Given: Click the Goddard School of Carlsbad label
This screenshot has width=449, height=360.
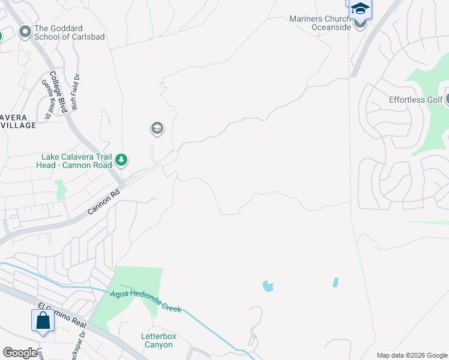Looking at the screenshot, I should (x=70, y=32).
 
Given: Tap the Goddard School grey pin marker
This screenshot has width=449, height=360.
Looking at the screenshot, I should (x=25, y=32).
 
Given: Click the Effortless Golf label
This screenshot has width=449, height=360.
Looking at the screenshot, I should (x=415, y=100).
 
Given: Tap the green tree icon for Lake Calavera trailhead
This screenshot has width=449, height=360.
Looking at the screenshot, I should (x=122, y=160).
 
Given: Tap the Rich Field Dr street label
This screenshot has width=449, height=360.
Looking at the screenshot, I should (x=76, y=92).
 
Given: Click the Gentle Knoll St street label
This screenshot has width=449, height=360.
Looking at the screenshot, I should (x=47, y=99).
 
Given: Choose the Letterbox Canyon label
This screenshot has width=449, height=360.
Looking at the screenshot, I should (x=159, y=340).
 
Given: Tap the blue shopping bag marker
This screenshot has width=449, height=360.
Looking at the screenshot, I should (x=43, y=320).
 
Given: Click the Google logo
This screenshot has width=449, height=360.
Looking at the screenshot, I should (x=20, y=353).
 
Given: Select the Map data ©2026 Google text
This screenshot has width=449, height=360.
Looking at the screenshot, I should (x=412, y=355).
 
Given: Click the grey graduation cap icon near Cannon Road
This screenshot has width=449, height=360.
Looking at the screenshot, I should (x=157, y=128).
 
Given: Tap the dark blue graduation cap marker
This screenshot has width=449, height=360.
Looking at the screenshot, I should (x=360, y=8).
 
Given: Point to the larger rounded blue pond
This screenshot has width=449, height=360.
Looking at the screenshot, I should (x=267, y=286).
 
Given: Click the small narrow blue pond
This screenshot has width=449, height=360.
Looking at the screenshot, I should (x=335, y=282).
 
